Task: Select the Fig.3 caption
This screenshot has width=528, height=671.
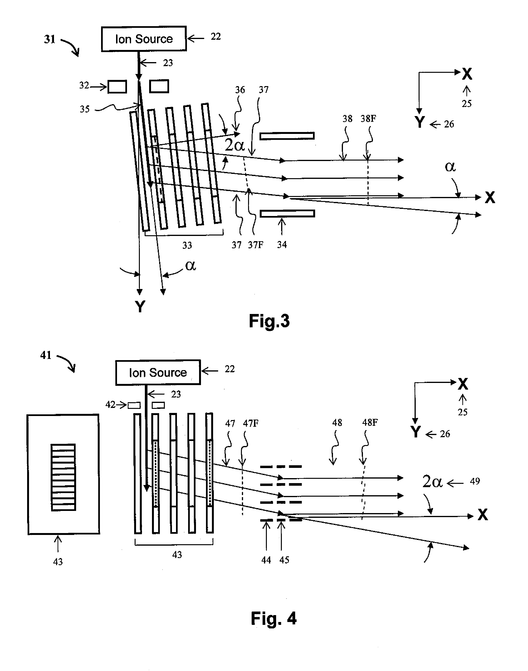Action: tap(269, 321)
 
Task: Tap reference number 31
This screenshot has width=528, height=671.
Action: tap(49, 39)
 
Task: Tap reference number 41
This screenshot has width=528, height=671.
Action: tap(46, 355)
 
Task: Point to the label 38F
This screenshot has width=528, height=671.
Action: tap(368, 119)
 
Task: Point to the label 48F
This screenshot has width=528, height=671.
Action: tap(370, 422)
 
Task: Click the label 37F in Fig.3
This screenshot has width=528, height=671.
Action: tap(256, 245)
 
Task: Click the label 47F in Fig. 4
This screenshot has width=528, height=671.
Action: tap(250, 423)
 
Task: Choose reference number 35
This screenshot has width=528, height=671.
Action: tap(85, 109)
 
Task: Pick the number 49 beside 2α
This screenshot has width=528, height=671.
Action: tap(475, 481)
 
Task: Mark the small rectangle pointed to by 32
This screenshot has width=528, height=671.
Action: tap(117, 87)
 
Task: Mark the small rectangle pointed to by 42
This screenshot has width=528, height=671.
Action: tap(134, 405)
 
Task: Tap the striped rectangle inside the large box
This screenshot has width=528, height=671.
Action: tap(63, 477)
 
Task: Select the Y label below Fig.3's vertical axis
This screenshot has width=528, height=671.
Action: tap(140, 307)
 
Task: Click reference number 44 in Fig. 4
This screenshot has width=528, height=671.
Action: tap(266, 560)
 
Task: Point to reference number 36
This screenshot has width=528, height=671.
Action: tap(240, 90)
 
